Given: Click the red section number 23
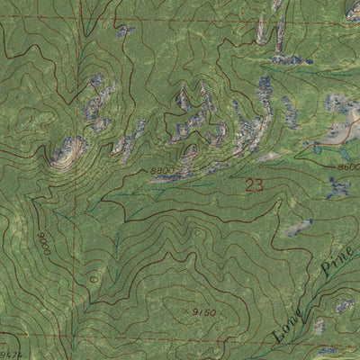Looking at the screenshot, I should [255, 186].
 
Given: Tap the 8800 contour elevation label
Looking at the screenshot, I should [162, 169].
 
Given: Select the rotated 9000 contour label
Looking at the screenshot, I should [44, 244].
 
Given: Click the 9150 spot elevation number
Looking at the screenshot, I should [202, 312].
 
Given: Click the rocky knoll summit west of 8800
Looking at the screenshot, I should [65, 152].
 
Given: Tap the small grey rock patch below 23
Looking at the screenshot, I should [297, 228].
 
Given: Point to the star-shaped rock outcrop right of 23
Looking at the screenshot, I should [337, 188].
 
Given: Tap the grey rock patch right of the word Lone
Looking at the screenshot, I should [319, 326].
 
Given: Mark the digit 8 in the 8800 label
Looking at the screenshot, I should [154, 169].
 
